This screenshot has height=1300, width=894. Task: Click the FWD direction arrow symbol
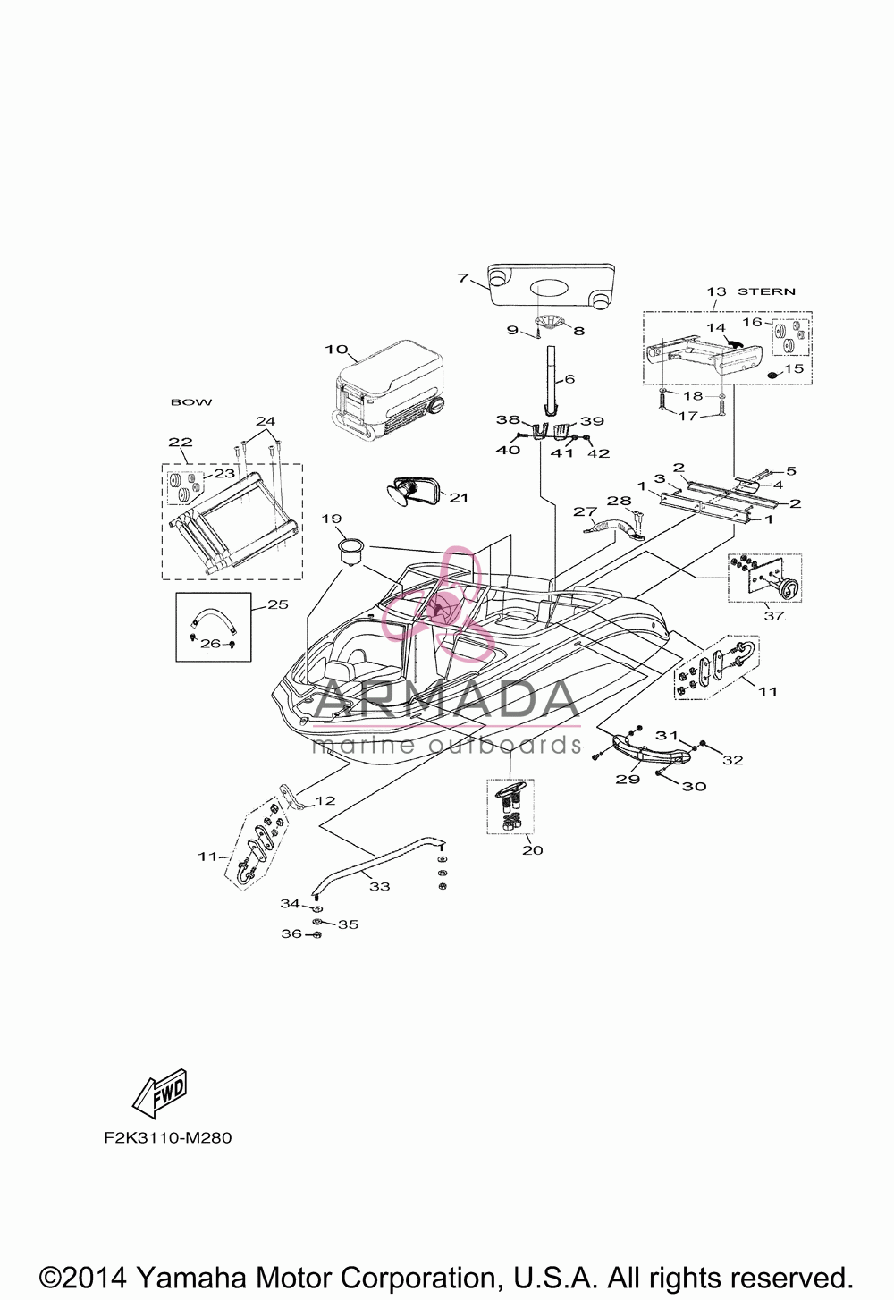(x=160, y=1093)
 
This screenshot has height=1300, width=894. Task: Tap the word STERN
(x=766, y=291)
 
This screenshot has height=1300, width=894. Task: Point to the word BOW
(x=191, y=401)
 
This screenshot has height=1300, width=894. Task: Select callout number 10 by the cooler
(x=336, y=350)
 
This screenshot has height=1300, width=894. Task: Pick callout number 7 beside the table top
(x=462, y=278)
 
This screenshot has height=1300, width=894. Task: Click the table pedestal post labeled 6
(x=551, y=377)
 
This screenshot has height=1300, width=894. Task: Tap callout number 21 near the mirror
(x=459, y=497)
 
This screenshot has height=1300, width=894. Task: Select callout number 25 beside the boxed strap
(x=278, y=604)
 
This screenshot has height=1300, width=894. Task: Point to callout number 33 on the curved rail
(x=379, y=886)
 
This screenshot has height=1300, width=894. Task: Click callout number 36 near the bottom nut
(x=291, y=933)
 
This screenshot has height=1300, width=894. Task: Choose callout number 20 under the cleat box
(x=533, y=849)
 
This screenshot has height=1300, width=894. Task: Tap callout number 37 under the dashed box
(x=773, y=616)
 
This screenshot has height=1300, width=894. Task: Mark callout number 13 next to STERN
(x=716, y=291)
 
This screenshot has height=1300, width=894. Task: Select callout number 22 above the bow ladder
(x=180, y=442)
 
